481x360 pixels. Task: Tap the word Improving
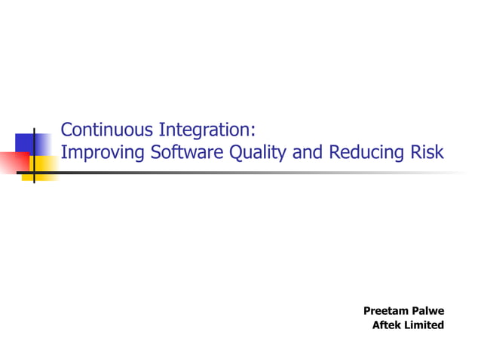pos(102,153)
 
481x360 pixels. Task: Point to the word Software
pos(185,152)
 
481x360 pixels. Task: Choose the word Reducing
pos(363,153)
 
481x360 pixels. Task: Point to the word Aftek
pos(388,325)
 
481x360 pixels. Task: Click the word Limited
pos(425,325)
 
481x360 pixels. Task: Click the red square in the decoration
pos(14,162)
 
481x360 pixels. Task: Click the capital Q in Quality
pos(235,153)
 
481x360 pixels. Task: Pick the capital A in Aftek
pos(376,325)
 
